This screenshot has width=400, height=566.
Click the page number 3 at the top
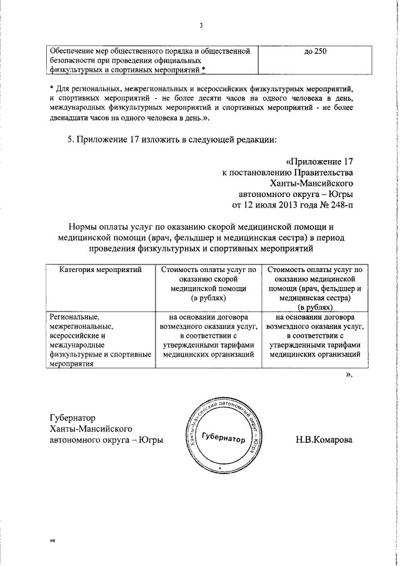pyautogui.click(x=201, y=26)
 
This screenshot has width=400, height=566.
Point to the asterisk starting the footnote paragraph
pyautogui.click(x=52, y=89)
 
